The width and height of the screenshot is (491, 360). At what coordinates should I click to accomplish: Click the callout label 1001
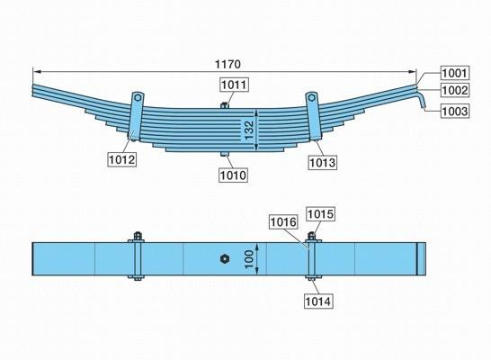click(455, 73)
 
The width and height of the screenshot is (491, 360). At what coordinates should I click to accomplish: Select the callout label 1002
click(455, 90)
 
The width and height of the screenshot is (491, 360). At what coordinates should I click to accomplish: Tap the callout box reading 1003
click(455, 111)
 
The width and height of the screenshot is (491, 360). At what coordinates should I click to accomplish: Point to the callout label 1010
click(233, 175)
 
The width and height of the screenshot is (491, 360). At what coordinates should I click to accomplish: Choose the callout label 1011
click(235, 85)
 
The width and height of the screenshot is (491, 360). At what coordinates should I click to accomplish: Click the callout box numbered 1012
click(122, 159)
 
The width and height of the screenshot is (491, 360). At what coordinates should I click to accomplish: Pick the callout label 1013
click(323, 163)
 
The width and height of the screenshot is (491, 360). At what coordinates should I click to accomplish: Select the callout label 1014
click(318, 301)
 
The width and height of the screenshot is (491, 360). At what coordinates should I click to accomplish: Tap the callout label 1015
click(320, 214)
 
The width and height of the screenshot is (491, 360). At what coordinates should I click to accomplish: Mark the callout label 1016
click(283, 222)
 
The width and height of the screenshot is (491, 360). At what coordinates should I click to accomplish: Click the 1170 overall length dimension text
click(228, 64)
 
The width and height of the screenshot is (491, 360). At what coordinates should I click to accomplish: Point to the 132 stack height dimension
click(249, 130)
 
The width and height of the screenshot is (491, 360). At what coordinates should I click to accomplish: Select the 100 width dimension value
click(249, 259)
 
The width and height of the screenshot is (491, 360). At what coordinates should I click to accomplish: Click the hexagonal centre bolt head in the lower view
click(225, 259)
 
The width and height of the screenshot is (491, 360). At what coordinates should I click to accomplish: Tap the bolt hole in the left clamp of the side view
click(138, 97)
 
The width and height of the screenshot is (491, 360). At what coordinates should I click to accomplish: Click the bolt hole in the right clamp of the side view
click(311, 97)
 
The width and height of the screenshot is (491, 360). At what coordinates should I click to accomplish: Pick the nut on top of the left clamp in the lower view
click(138, 236)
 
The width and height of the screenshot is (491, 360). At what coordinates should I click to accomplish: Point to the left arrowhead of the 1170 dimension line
click(37, 72)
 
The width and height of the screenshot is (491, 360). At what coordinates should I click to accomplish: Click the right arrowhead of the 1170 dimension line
click(412, 72)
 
